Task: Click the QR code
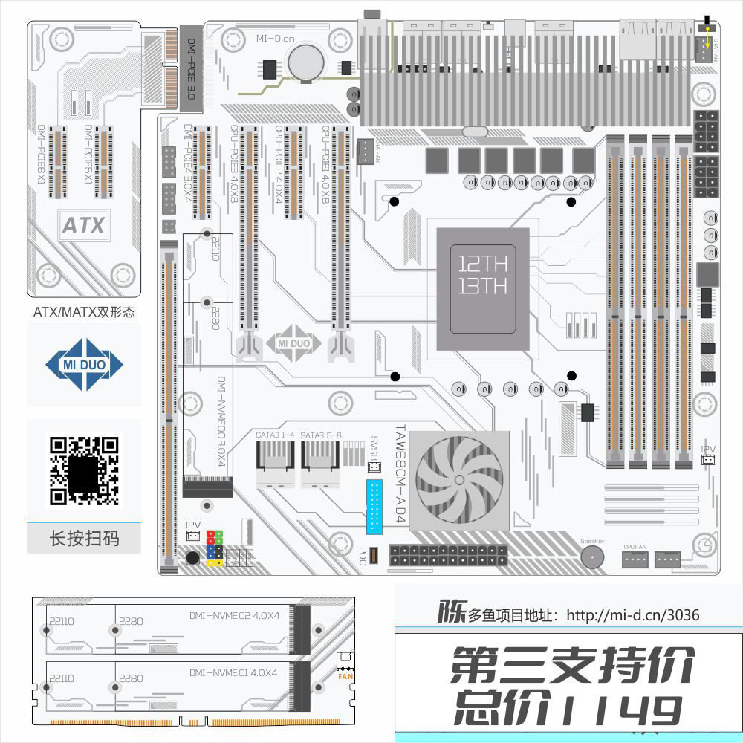pyautogui.click(x=84, y=470)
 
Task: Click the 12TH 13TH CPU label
pyautogui.click(x=482, y=276)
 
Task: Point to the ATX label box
pyautogui.click(x=83, y=225)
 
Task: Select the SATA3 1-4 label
pyautogui.click(x=276, y=435)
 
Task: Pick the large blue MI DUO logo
pyautogui.click(x=84, y=364)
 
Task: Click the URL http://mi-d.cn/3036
pyautogui.click(x=632, y=615)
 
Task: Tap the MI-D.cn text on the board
pyautogui.click(x=276, y=38)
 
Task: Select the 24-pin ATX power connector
pyautogui.click(x=449, y=555)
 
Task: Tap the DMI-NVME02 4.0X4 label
pyautogui.click(x=234, y=615)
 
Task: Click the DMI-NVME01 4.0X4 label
pyautogui.click(x=234, y=672)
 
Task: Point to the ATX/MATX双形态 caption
pyautogui.click(x=84, y=312)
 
